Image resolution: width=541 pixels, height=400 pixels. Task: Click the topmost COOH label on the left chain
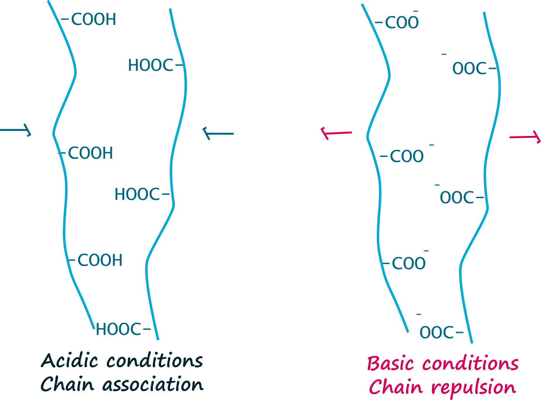(93, 19)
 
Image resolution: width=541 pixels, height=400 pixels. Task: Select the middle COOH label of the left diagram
(90, 153)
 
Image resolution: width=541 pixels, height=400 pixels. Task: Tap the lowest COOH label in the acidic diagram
(100, 260)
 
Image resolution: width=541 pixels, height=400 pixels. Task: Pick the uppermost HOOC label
(151, 65)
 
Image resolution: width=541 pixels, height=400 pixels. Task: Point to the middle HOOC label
(137, 194)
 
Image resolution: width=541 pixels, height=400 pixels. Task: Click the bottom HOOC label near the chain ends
(118, 330)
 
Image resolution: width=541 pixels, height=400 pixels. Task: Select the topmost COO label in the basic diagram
(402, 23)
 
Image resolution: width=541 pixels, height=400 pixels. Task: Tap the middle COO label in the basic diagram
(407, 156)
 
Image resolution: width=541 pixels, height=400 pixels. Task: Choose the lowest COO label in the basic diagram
(409, 264)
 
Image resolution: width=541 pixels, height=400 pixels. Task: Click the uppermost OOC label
(469, 69)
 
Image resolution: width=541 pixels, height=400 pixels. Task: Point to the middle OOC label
(457, 197)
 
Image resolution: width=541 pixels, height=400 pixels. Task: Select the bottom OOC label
(437, 333)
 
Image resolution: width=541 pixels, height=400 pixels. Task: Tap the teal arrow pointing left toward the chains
(218, 133)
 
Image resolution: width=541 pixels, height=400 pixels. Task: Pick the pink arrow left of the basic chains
(337, 133)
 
